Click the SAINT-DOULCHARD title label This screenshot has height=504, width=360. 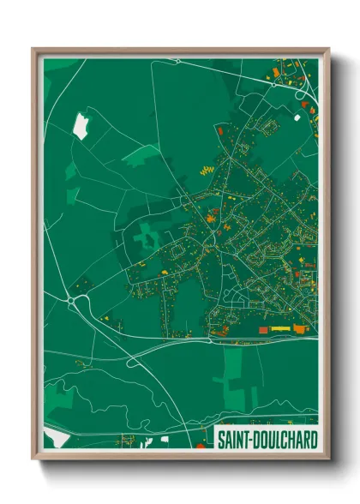pyautogui.click(x=267, y=438)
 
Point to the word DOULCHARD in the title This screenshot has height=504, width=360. pyautogui.click(x=284, y=438)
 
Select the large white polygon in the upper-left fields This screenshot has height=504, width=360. pyautogui.click(x=81, y=126)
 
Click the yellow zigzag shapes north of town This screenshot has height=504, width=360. pyautogui.click(x=206, y=170)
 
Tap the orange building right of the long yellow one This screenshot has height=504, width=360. pyautogui.click(x=299, y=328)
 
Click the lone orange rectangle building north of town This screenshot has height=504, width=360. pyautogui.click(x=219, y=130)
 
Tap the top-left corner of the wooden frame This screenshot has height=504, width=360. pyautogui.click(x=34, y=50)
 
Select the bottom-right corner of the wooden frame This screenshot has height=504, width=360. pyautogui.click(x=328, y=459)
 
